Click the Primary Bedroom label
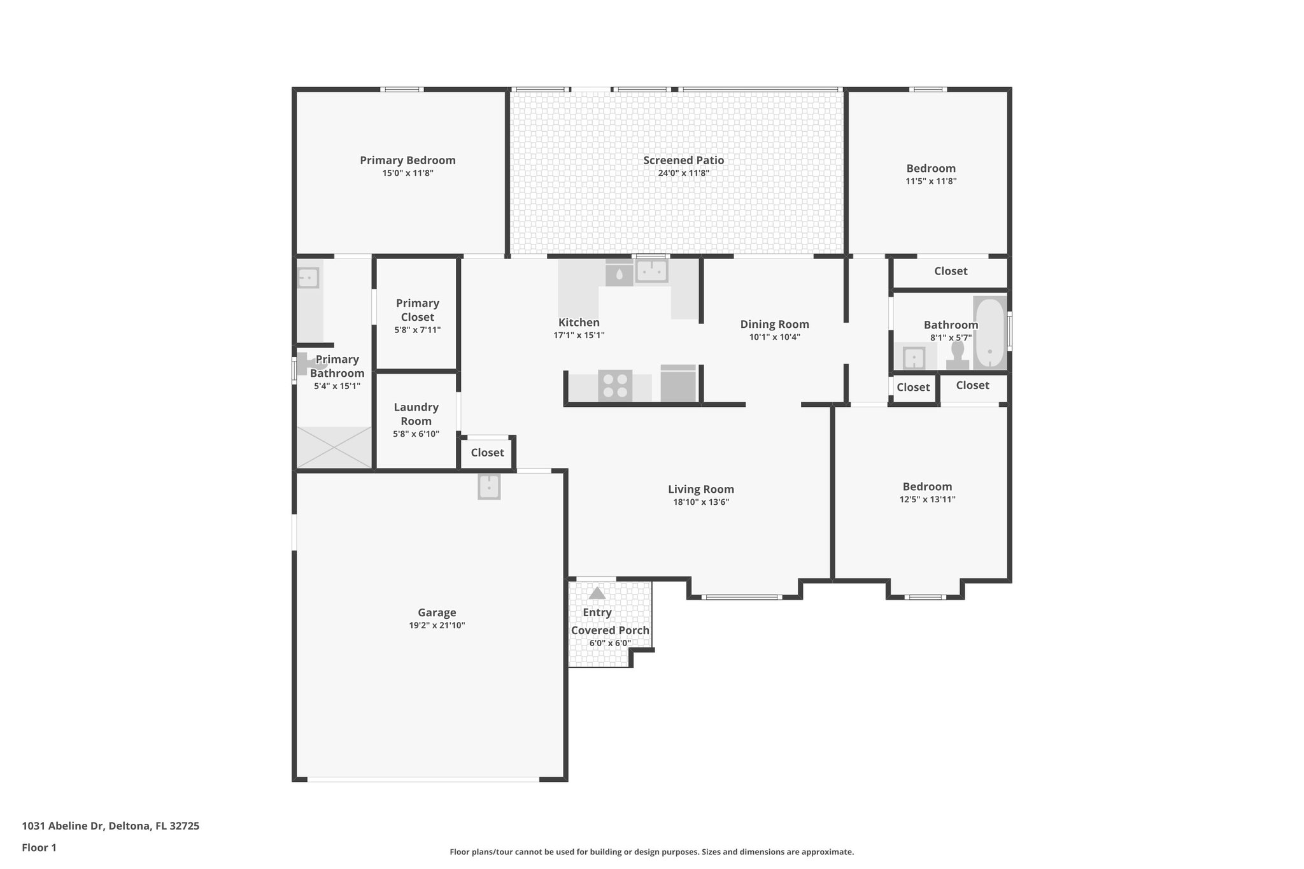point(407,160)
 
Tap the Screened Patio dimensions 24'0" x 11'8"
point(683,173)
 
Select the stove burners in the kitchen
point(615,385)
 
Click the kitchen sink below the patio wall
point(651,271)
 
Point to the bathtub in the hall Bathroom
point(989,332)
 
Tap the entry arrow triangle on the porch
point(597,593)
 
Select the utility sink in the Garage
point(489,486)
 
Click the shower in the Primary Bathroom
point(334,447)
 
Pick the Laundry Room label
point(416,414)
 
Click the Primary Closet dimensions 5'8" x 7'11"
point(417,330)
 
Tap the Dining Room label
point(774,324)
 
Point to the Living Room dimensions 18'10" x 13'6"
point(700,502)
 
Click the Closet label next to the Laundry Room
point(487,453)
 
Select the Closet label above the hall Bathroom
point(950,271)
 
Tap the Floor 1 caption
point(39,847)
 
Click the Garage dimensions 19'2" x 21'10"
point(437,625)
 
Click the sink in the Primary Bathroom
point(308,278)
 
